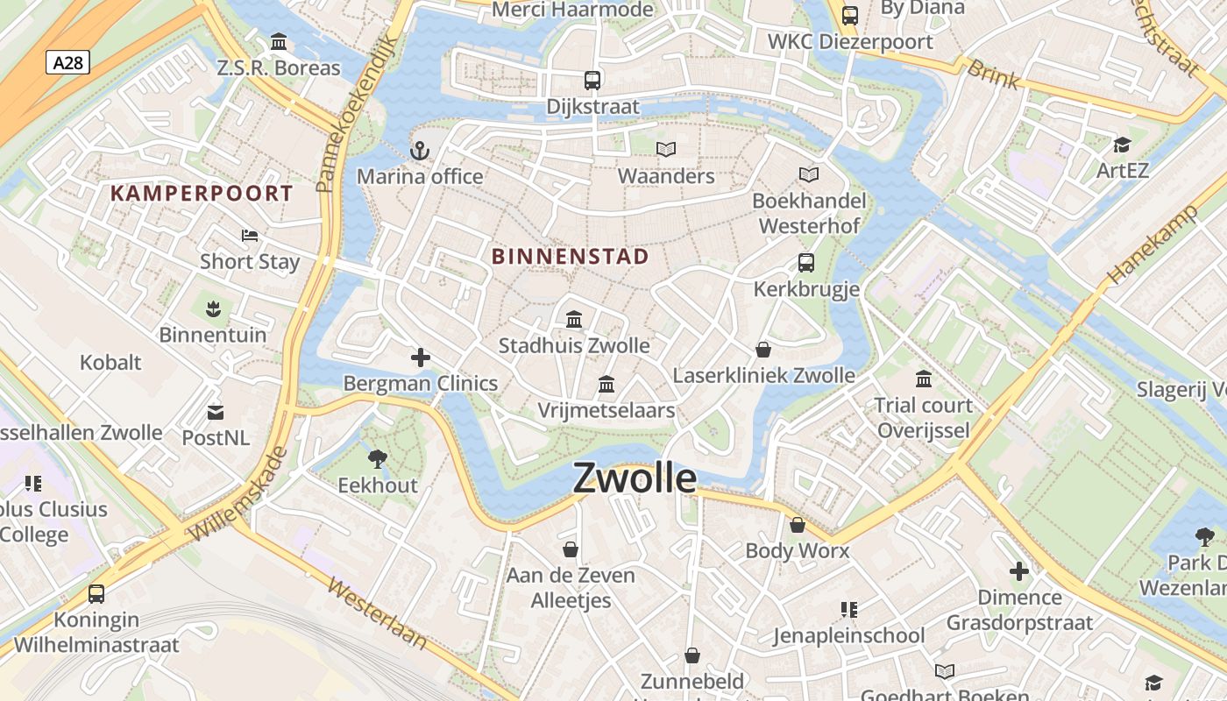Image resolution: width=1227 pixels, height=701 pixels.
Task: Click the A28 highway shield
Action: [x=67, y=62]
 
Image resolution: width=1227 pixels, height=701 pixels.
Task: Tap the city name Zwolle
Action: [x=635, y=478]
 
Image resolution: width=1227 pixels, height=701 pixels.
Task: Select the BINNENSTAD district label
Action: [x=570, y=257]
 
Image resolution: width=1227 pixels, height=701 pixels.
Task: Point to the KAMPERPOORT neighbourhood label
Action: [x=202, y=194]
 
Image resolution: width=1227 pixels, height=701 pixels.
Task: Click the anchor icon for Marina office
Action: [x=421, y=151]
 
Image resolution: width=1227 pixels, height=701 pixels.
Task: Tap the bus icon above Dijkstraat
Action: [x=592, y=81]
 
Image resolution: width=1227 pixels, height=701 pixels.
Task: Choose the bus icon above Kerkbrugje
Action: [x=805, y=262]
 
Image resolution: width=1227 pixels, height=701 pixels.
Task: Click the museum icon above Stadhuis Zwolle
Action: [x=574, y=319]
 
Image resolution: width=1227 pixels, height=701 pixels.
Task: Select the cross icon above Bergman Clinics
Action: [x=421, y=358]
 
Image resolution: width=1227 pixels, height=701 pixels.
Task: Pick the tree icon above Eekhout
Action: [x=378, y=458]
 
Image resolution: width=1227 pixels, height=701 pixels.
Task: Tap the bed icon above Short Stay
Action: [x=250, y=236]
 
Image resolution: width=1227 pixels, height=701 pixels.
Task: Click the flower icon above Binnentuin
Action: [x=212, y=308]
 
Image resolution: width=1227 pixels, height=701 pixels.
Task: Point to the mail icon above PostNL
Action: [x=215, y=411]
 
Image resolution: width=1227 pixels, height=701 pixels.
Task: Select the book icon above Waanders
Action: [x=666, y=150]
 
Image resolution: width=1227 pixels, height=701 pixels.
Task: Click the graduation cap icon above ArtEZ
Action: [x=1122, y=145]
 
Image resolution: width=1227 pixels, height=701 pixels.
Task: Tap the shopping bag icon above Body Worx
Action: [x=797, y=525]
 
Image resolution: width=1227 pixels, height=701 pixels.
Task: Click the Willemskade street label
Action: [x=238, y=495]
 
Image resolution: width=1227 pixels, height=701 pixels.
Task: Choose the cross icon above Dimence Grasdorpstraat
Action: [x=1018, y=572]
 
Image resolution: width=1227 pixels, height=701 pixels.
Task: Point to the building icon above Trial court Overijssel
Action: [x=924, y=379]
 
